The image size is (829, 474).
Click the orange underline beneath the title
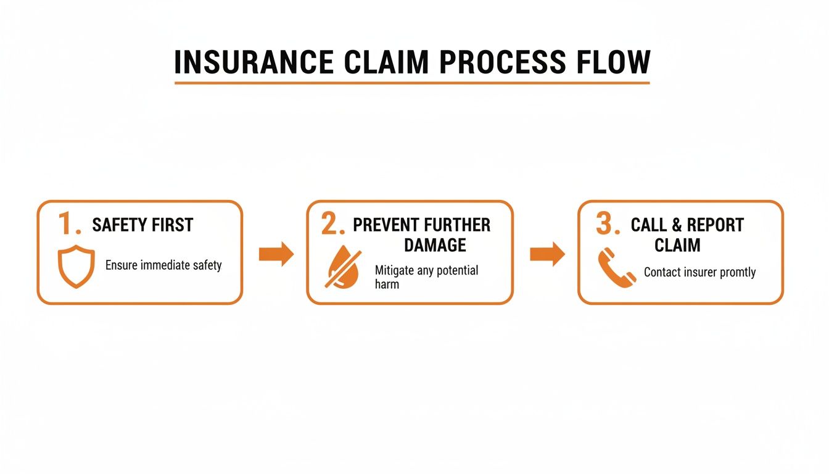(412, 82)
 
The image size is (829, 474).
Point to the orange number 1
(68, 224)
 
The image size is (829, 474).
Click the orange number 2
(332, 225)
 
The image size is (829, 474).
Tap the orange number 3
(607, 225)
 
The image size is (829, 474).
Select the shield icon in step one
(76, 267)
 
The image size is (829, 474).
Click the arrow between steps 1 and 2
(276, 254)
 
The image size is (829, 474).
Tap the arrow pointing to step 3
(547, 254)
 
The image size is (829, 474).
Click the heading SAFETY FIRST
(142, 225)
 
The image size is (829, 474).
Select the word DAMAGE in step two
(435, 245)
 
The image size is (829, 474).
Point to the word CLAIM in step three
(677, 245)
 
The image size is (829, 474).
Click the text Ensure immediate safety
(163, 265)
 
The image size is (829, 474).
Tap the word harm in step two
(387, 284)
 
